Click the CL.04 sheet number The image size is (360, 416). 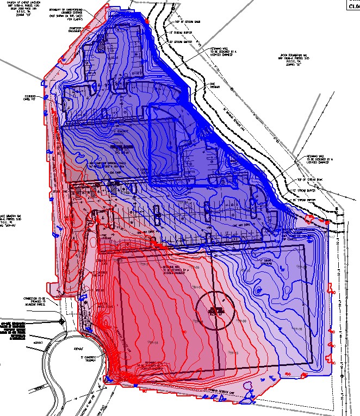(350, 5)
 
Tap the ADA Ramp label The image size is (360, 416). (115, 173)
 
